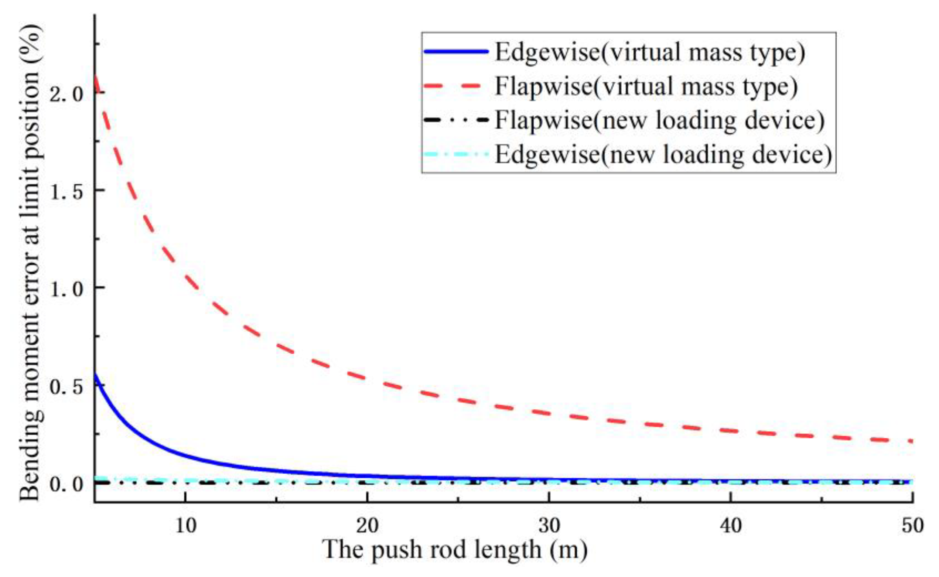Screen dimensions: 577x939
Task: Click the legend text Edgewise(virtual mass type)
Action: [650, 52]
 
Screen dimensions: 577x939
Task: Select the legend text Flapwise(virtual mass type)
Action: [646, 86]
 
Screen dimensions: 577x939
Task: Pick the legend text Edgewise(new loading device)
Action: [663, 154]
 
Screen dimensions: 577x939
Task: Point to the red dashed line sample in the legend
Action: [456, 86]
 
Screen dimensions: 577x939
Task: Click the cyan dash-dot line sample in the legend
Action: [456, 154]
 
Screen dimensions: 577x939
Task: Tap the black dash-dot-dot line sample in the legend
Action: [456, 120]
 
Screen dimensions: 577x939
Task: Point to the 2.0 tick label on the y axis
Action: [66, 93]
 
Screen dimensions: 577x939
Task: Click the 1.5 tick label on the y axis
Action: [66, 191]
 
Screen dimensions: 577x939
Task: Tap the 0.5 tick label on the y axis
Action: [66, 386]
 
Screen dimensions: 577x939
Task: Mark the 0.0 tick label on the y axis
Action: [66, 484]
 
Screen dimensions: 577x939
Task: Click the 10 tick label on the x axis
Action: [185, 526]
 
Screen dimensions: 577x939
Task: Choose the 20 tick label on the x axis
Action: [367, 526]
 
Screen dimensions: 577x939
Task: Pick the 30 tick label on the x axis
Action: [549, 526]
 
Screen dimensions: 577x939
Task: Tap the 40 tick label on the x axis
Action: [731, 526]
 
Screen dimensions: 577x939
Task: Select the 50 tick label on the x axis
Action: [912, 526]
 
